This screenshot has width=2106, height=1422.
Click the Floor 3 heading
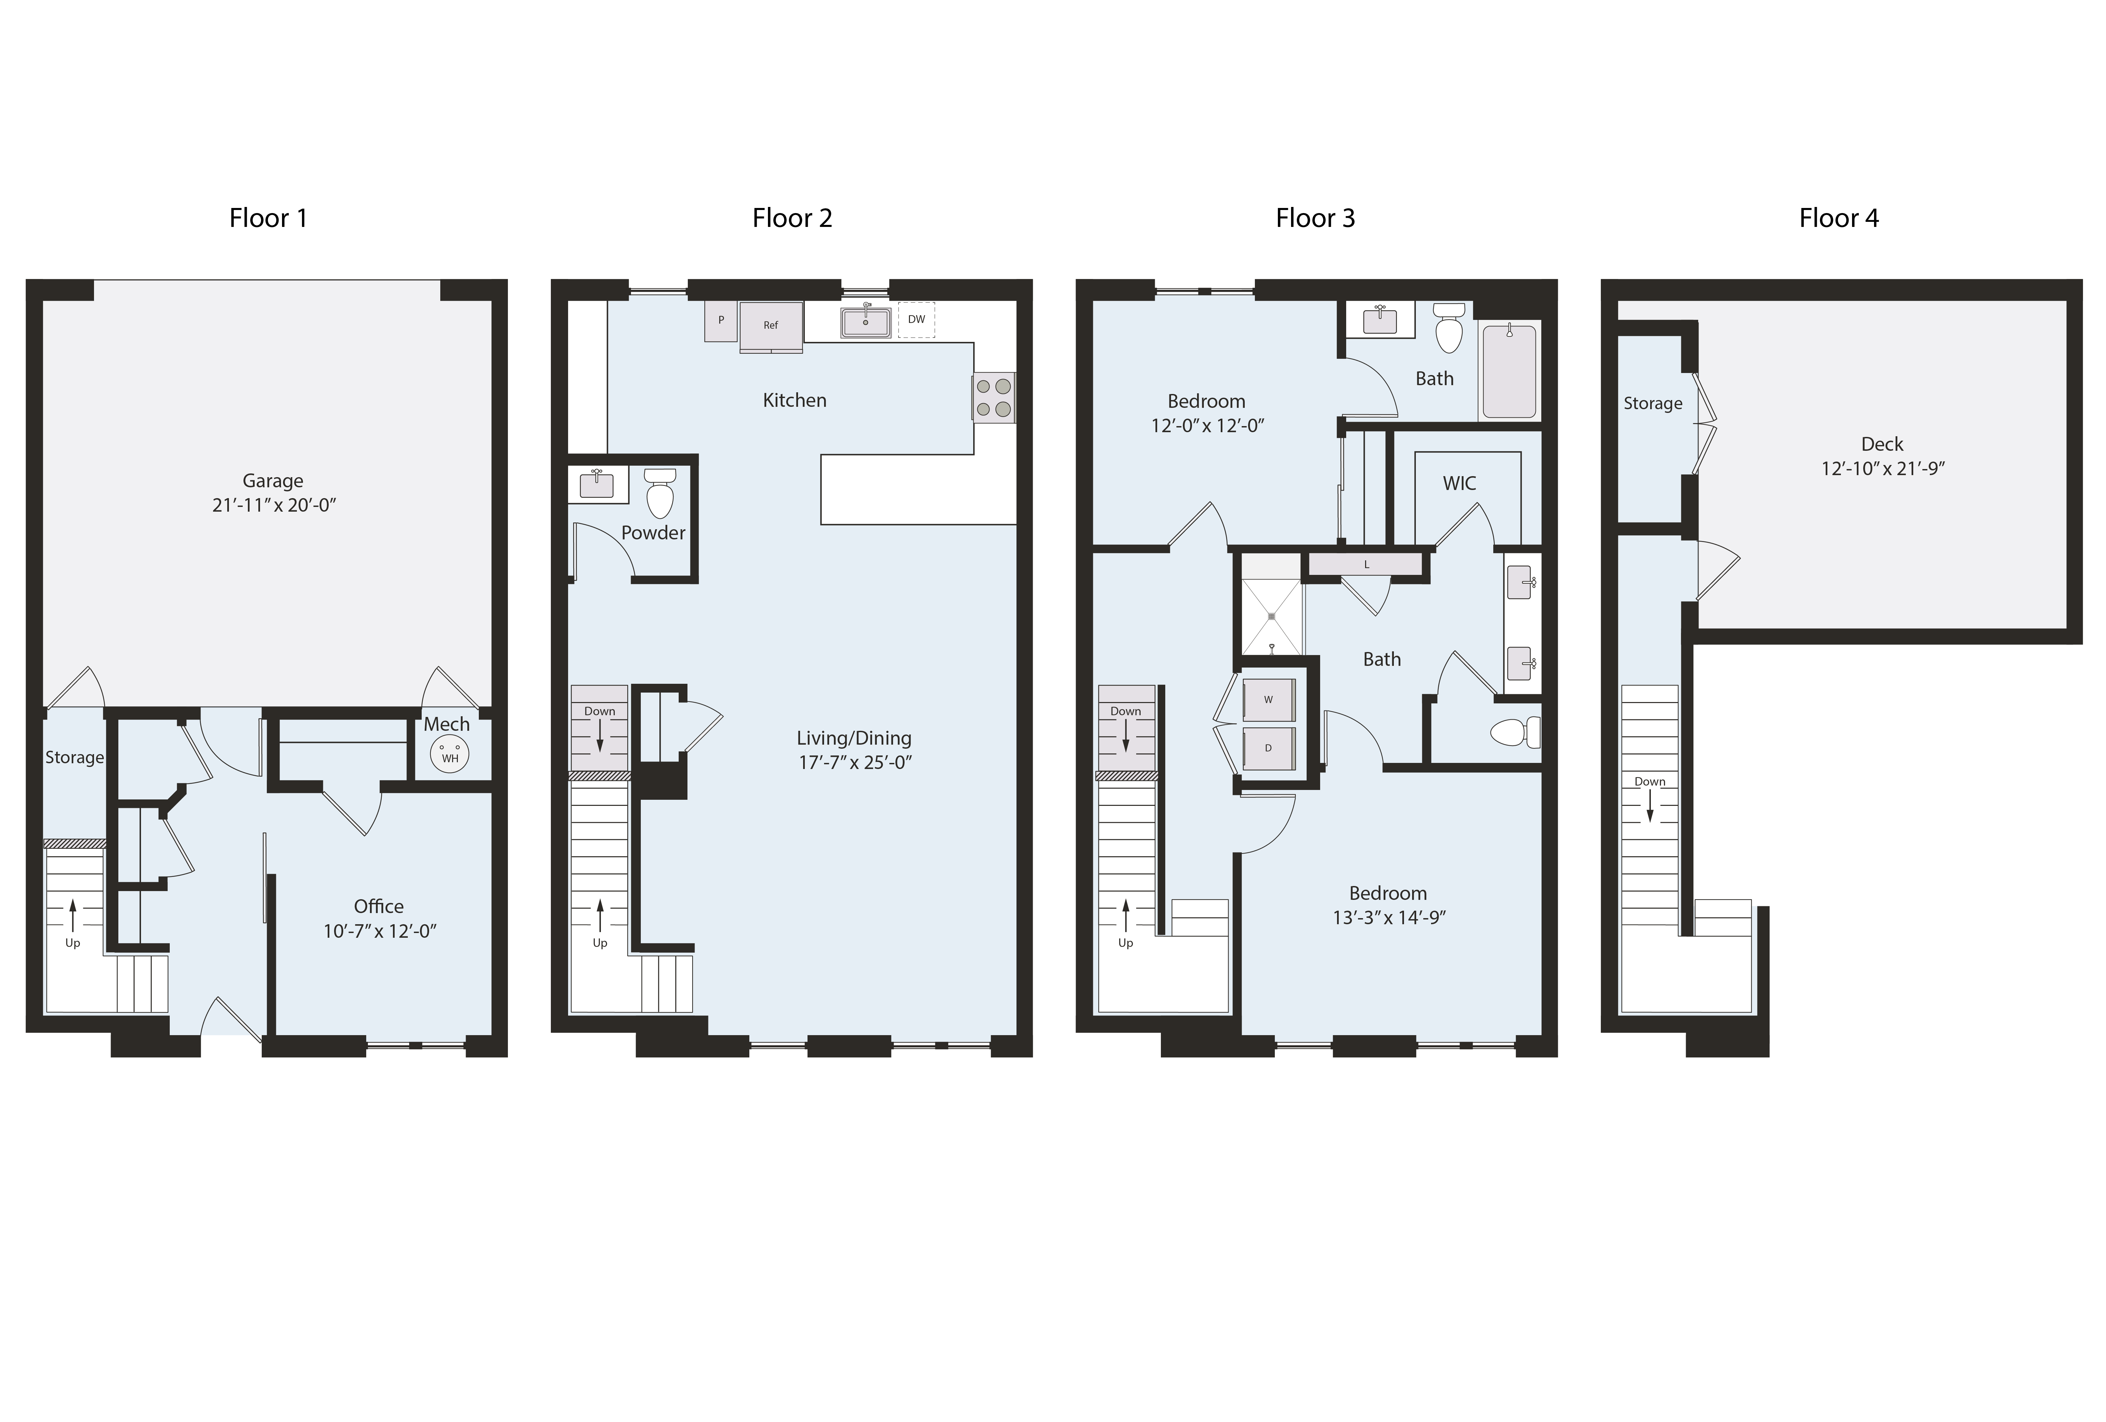(1315, 218)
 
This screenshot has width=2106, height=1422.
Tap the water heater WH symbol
(450, 753)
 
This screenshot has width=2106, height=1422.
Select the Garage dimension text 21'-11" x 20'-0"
(274, 505)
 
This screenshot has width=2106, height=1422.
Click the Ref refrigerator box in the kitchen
(770, 325)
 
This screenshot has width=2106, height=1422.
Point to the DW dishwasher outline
(916, 320)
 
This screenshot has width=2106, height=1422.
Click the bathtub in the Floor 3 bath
(1509, 372)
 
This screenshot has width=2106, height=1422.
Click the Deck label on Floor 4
(1882, 444)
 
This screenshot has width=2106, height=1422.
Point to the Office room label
(379, 906)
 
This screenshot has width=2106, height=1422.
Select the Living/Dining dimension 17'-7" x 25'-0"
(855, 763)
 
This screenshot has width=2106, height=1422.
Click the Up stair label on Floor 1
(72, 942)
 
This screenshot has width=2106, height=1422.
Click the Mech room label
(447, 724)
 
